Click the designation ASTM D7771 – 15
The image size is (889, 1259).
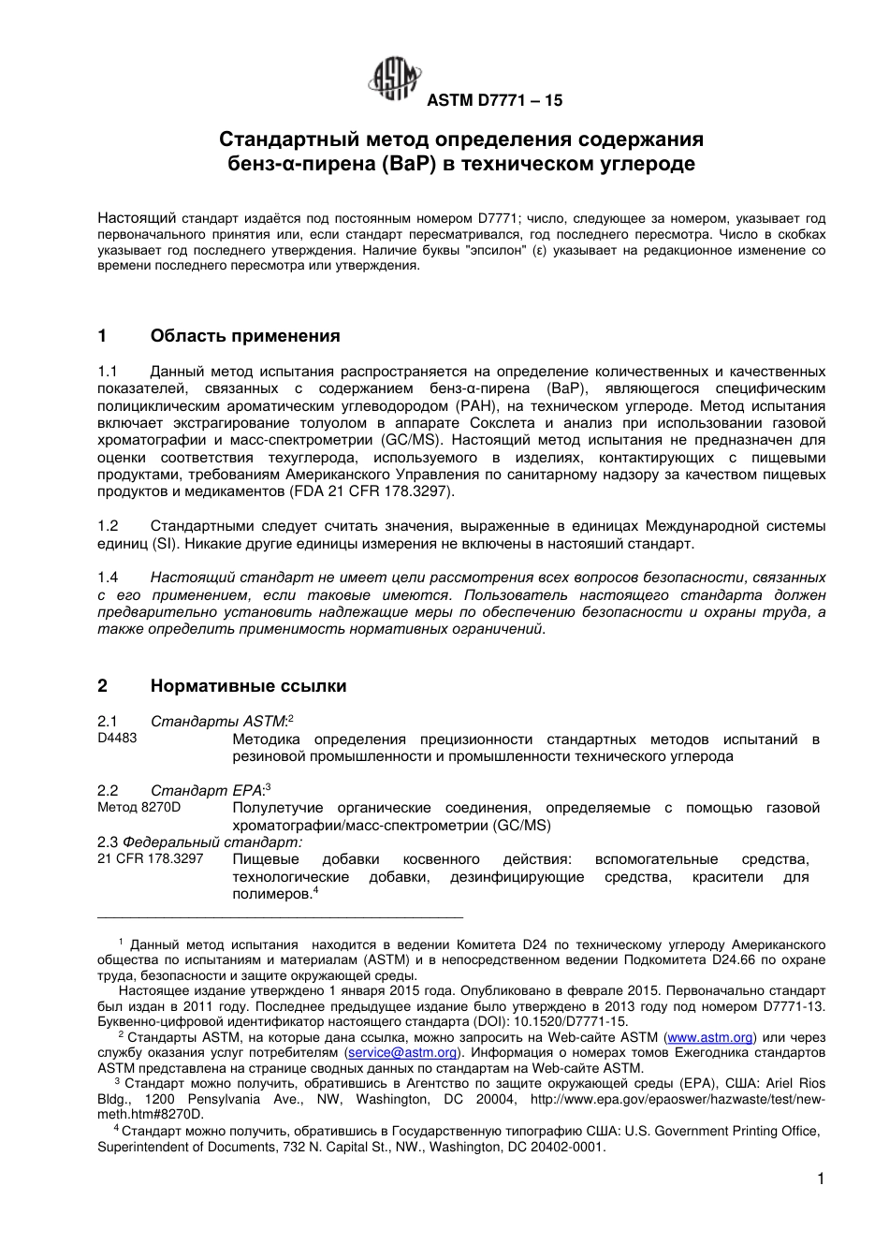[x=495, y=100]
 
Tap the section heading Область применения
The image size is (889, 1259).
[x=245, y=336]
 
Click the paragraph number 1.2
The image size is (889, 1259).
[x=109, y=526]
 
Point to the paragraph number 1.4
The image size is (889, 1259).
[x=109, y=578]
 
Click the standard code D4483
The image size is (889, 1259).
[x=117, y=739]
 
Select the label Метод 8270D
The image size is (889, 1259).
[x=139, y=807]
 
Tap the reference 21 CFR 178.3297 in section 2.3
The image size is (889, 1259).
[x=150, y=858]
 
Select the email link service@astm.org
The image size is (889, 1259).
[x=401, y=1052]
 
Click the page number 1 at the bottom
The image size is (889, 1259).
[x=821, y=1179]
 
